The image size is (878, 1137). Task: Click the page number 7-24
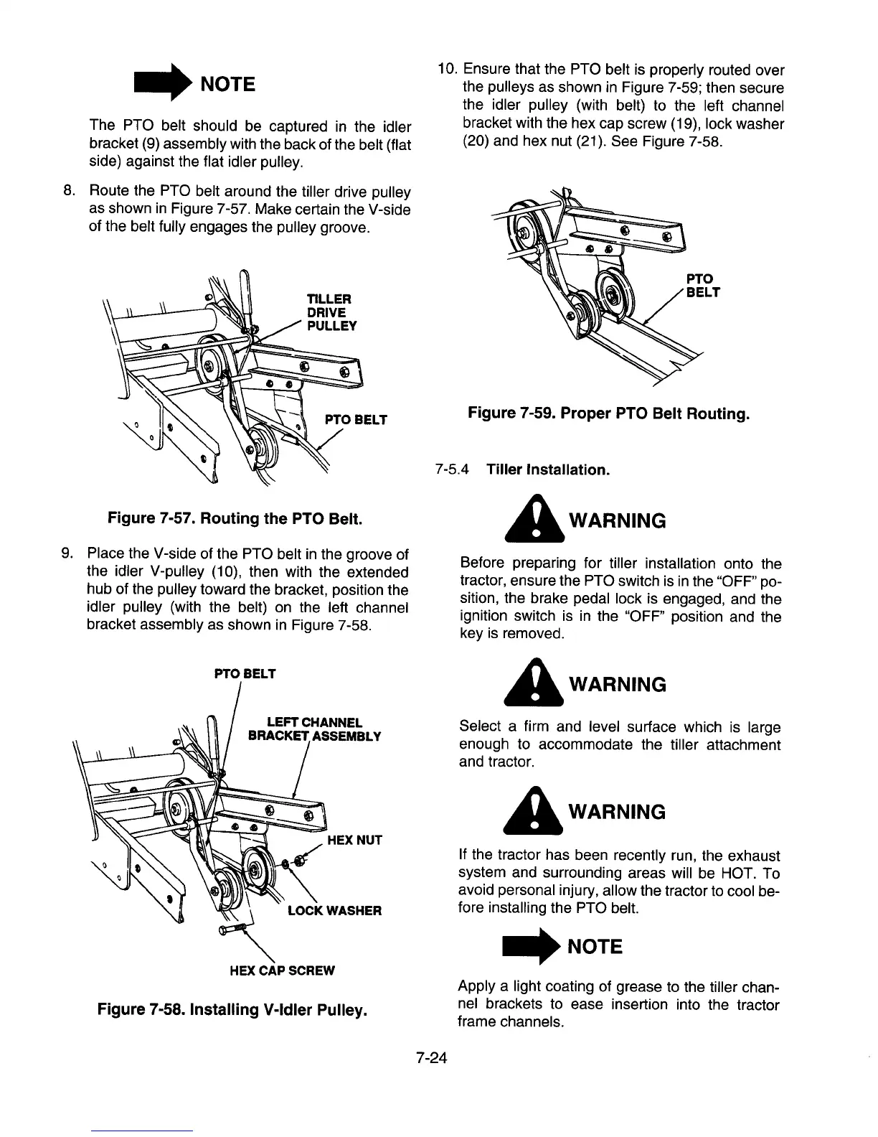pyautogui.click(x=430, y=1057)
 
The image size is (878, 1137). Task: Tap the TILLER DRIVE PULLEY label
pyautogui.click(x=326, y=312)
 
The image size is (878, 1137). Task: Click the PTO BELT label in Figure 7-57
pyautogui.click(x=356, y=419)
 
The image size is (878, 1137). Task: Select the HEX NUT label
pyautogui.click(x=354, y=840)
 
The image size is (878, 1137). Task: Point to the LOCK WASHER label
pyautogui.click(x=334, y=911)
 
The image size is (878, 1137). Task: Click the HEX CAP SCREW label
pyautogui.click(x=282, y=970)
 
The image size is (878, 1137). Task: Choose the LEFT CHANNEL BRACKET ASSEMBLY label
pyautogui.click(x=314, y=729)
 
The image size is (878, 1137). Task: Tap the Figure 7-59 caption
pyautogui.click(x=608, y=413)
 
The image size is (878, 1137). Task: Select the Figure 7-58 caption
pyautogui.click(x=233, y=1010)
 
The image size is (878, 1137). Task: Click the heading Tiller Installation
pyautogui.click(x=548, y=470)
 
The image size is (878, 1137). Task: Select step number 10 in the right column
pyautogui.click(x=448, y=70)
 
